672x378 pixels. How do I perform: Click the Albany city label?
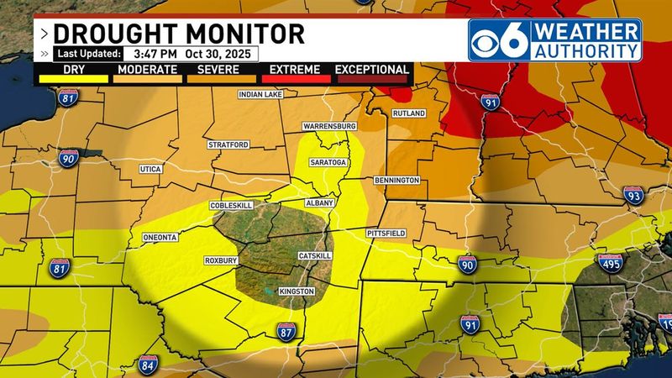[x=319, y=203]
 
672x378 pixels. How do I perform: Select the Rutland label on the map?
[x=409, y=113]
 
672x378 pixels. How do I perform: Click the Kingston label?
[x=296, y=291]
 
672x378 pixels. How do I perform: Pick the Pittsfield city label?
[x=386, y=231]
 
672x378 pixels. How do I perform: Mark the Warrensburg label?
[x=330, y=126]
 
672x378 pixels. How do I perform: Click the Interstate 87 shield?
[x=286, y=333]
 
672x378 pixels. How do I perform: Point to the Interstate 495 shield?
[x=613, y=264]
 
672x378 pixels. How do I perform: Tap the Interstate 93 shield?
[x=633, y=196]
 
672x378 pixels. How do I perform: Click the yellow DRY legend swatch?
[x=72, y=80]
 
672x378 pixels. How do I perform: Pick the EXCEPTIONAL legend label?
[x=372, y=69]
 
